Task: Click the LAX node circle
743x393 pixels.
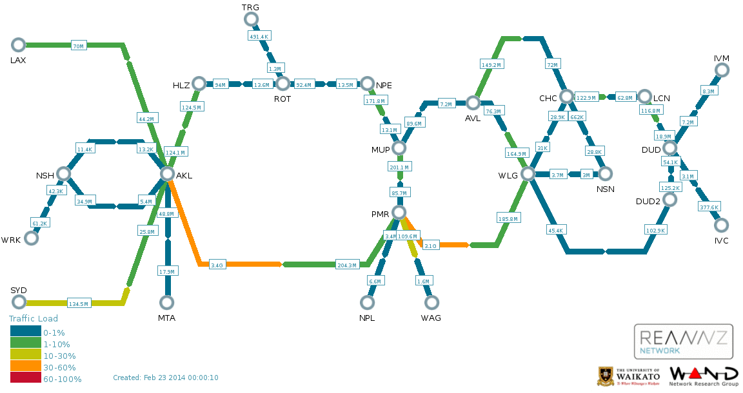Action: tap(18, 45)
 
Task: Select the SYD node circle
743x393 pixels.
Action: tap(19, 302)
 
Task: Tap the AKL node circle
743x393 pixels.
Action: tap(167, 174)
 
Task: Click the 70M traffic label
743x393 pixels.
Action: tap(78, 46)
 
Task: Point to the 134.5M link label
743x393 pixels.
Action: tap(79, 303)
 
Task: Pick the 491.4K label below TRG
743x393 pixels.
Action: tap(260, 36)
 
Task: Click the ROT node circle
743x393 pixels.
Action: tap(283, 84)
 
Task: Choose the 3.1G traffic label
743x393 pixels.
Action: tap(430, 245)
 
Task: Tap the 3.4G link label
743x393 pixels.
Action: tap(217, 265)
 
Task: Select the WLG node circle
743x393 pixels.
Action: tap(528, 174)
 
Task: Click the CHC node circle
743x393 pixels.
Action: tap(567, 97)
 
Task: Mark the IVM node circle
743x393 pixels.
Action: tap(722, 70)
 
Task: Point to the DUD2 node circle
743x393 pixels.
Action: tap(669, 199)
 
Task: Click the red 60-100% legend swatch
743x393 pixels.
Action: tap(26, 378)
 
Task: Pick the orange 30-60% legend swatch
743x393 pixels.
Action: tap(26, 366)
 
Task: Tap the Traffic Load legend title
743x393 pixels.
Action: tap(34, 318)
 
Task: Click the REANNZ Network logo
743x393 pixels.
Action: tap(683, 341)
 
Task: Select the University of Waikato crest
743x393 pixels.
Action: tap(604, 376)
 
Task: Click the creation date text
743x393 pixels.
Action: tap(165, 378)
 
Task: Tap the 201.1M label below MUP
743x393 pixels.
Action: tap(399, 167)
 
